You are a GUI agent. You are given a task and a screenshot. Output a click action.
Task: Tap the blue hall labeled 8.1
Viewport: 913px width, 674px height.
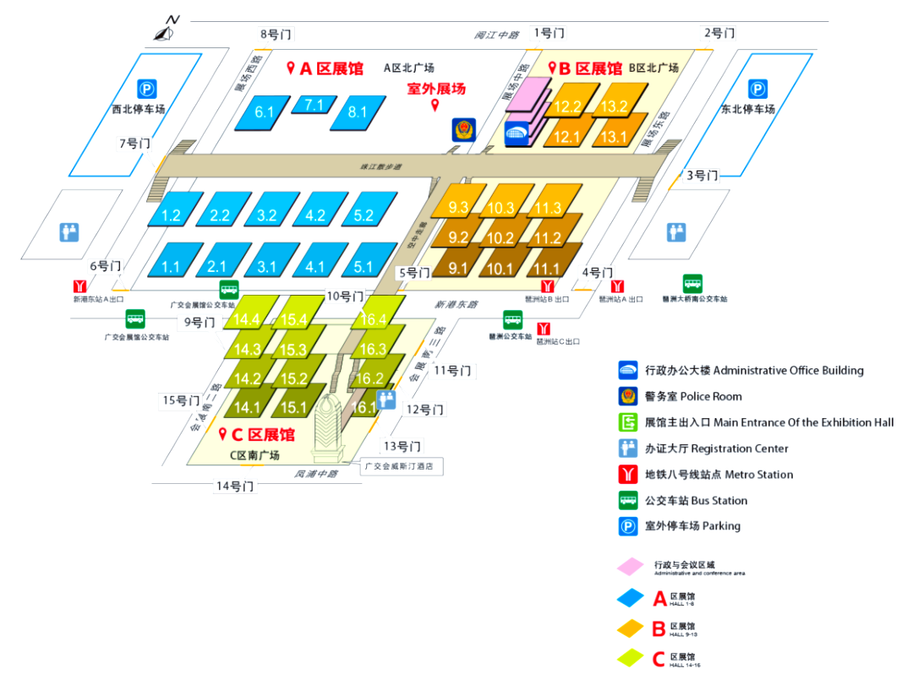point(358,111)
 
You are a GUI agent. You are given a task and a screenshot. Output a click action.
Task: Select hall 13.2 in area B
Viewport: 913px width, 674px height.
point(615,106)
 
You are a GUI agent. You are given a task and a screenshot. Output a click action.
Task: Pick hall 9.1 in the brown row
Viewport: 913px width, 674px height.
point(459,269)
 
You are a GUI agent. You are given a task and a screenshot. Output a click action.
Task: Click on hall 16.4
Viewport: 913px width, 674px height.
point(373,319)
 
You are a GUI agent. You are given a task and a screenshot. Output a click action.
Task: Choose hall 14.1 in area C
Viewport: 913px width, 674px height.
point(247,407)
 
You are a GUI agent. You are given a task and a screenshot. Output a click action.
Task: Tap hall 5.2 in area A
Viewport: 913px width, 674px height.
point(364,215)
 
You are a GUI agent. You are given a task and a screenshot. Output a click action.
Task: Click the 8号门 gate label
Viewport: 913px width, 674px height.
point(276,34)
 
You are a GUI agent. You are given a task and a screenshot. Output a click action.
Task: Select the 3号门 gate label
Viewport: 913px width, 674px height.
point(702,176)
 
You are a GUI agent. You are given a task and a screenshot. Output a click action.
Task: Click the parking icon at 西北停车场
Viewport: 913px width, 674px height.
point(148,89)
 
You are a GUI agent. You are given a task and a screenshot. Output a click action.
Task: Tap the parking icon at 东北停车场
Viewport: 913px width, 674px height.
point(757,89)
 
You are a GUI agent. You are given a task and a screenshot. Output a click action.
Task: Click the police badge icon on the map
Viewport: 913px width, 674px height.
point(462,130)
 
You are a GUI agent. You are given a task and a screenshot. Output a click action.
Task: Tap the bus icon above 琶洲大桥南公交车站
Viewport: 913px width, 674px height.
point(693,284)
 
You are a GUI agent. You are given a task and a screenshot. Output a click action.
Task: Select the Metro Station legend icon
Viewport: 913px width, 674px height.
point(628,474)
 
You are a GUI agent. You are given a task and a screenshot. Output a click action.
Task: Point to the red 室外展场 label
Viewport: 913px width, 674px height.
point(436,88)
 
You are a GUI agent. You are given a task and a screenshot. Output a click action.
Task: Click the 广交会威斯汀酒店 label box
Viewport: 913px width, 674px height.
point(402,465)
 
